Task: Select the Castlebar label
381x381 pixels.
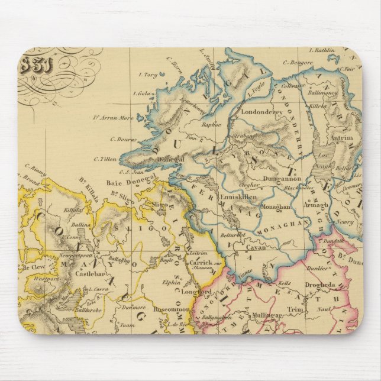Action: click(89, 276)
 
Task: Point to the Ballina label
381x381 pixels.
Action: click(79, 225)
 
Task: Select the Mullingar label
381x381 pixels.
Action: click(263, 315)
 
